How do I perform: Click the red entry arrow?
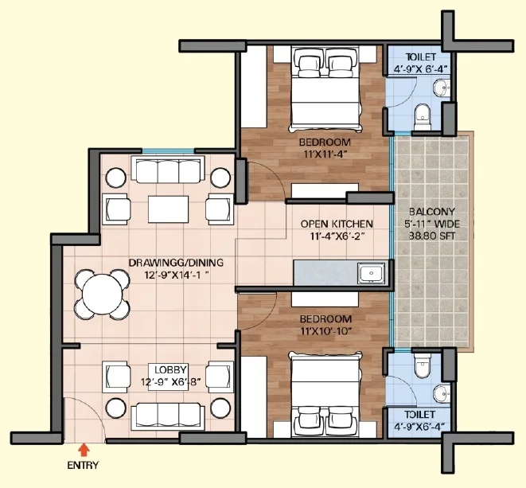pyautogui.click(x=83, y=450)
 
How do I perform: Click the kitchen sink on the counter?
pyautogui.click(x=369, y=275)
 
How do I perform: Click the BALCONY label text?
pyautogui.click(x=432, y=213)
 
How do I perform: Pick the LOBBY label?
pyautogui.click(x=169, y=369)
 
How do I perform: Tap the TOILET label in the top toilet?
pyautogui.click(x=419, y=57)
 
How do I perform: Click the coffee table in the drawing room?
pyautogui.click(x=169, y=209)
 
